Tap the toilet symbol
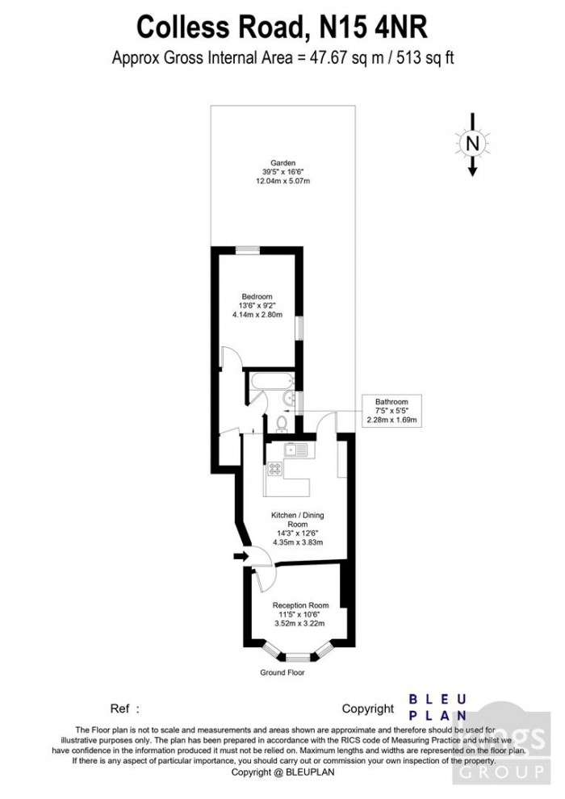pyautogui.click(x=278, y=420)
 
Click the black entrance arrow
pyautogui.click(x=240, y=555)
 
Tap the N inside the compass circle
pyautogui.click(x=473, y=144)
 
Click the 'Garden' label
pyautogui.click(x=261, y=162)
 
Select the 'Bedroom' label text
pyautogui.click(x=257, y=296)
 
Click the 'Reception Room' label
pyautogui.click(x=300, y=605)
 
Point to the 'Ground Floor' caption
pyautogui.click(x=282, y=671)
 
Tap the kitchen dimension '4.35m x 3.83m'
pyautogui.click(x=297, y=542)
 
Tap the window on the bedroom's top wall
pyautogui.click(x=248, y=251)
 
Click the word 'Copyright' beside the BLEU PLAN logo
pyautogui.click(x=368, y=709)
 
